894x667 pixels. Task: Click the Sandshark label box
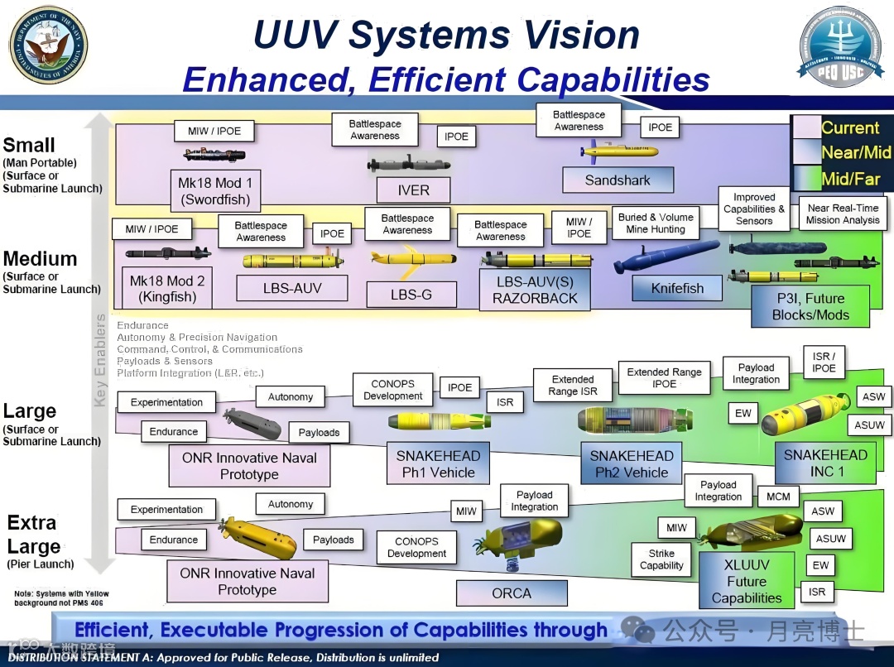[618, 180]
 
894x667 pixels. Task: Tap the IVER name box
[414, 190]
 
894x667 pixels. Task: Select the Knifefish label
[677, 289]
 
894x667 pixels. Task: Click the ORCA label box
[512, 593]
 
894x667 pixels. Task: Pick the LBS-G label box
[411, 295]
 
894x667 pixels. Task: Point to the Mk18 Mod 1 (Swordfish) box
[215, 190]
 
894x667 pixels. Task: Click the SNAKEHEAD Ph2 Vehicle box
[632, 464]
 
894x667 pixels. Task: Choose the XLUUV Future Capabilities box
[747, 581]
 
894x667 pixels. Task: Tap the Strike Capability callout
[661, 559]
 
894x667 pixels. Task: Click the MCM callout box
[778, 497]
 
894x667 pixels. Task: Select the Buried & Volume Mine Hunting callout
[656, 223]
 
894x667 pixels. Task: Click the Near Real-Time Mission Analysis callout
[843, 214]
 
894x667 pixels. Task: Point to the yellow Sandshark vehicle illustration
[621, 151]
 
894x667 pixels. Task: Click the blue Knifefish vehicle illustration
[666, 256]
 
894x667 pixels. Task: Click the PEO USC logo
[841, 48]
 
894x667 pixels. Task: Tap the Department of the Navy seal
[47, 46]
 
